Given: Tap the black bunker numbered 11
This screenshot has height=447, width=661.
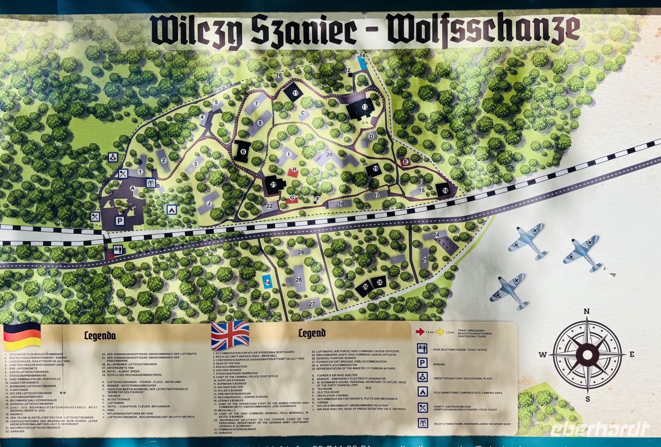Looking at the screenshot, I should [295, 93].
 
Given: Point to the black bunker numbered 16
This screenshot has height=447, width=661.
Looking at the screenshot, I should [445, 190].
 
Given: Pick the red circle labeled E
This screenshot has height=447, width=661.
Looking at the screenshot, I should [405, 162].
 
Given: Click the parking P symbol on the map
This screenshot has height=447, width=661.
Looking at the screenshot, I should [119, 221].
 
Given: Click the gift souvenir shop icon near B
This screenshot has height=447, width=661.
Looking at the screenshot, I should [150, 183].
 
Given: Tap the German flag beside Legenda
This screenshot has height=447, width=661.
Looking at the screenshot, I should [22, 336].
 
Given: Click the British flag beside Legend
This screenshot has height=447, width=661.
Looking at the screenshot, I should [230, 335].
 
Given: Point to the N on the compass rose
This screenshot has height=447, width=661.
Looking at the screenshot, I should [587, 312].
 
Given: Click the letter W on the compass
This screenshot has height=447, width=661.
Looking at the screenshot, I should [542, 354].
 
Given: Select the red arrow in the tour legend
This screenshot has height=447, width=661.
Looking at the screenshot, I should [420, 332].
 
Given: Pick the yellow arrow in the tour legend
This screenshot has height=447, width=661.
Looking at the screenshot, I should [440, 332].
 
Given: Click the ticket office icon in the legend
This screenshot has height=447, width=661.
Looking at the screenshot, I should [422, 349].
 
